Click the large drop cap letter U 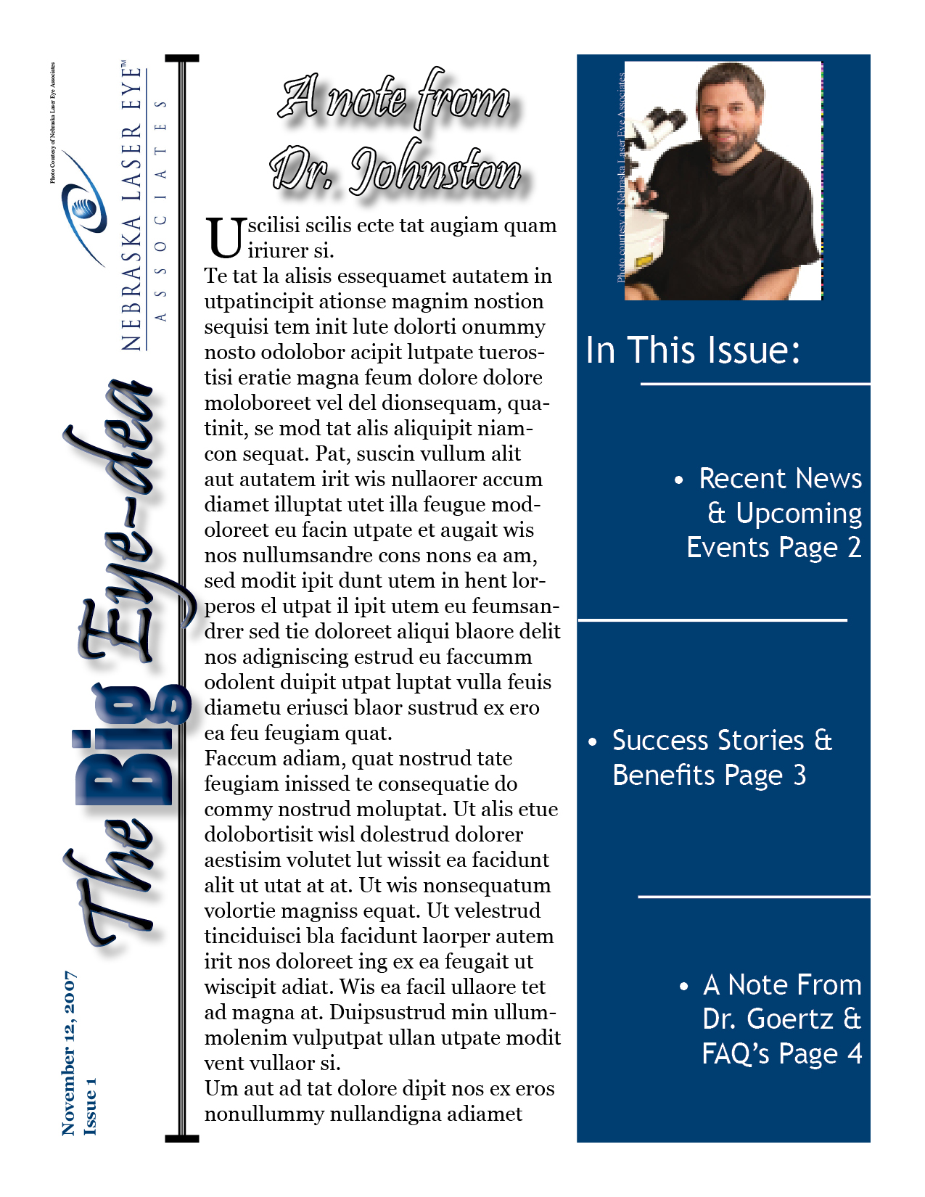coord(224,238)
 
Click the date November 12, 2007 coord(69,1053)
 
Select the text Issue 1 coord(90,1106)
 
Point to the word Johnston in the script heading coord(435,171)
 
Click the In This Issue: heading coord(693,350)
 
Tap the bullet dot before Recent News coord(679,480)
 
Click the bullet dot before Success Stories coord(593,742)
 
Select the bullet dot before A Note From coord(683,987)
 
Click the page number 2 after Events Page coord(854,547)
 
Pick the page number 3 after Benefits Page coord(799,776)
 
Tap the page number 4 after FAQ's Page coord(855,1053)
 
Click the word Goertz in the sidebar coord(790,1019)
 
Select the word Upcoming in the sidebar coord(798,514)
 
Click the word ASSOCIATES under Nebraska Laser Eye coord(162,210)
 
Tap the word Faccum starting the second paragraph coord(237,759)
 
